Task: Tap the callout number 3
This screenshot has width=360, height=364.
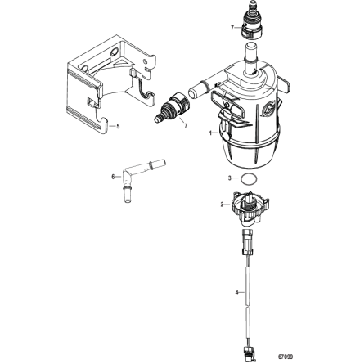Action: [230, 177]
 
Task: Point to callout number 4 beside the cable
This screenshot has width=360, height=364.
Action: [236, 291]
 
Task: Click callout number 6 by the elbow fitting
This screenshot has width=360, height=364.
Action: [111, 174]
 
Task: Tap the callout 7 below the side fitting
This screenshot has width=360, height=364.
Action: [186, 127]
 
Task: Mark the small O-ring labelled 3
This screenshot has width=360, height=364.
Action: [252, 178]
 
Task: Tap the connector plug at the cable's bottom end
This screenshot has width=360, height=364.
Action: [246, 353]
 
